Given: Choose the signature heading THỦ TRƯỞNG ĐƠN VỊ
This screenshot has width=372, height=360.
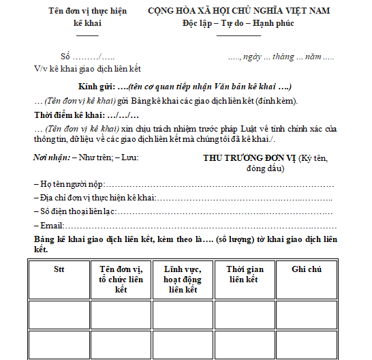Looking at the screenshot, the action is (x=249, y=158).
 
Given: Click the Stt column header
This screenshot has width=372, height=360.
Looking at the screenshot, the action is (x=59, y=269).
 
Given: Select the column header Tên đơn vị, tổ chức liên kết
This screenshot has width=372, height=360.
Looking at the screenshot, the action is (x=121, y=279).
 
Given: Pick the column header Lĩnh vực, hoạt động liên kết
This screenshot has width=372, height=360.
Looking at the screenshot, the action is (x=183, y=279).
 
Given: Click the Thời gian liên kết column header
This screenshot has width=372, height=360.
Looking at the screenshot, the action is (x=245, y=274).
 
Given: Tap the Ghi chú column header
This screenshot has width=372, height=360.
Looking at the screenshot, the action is (x=307, y=269).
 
